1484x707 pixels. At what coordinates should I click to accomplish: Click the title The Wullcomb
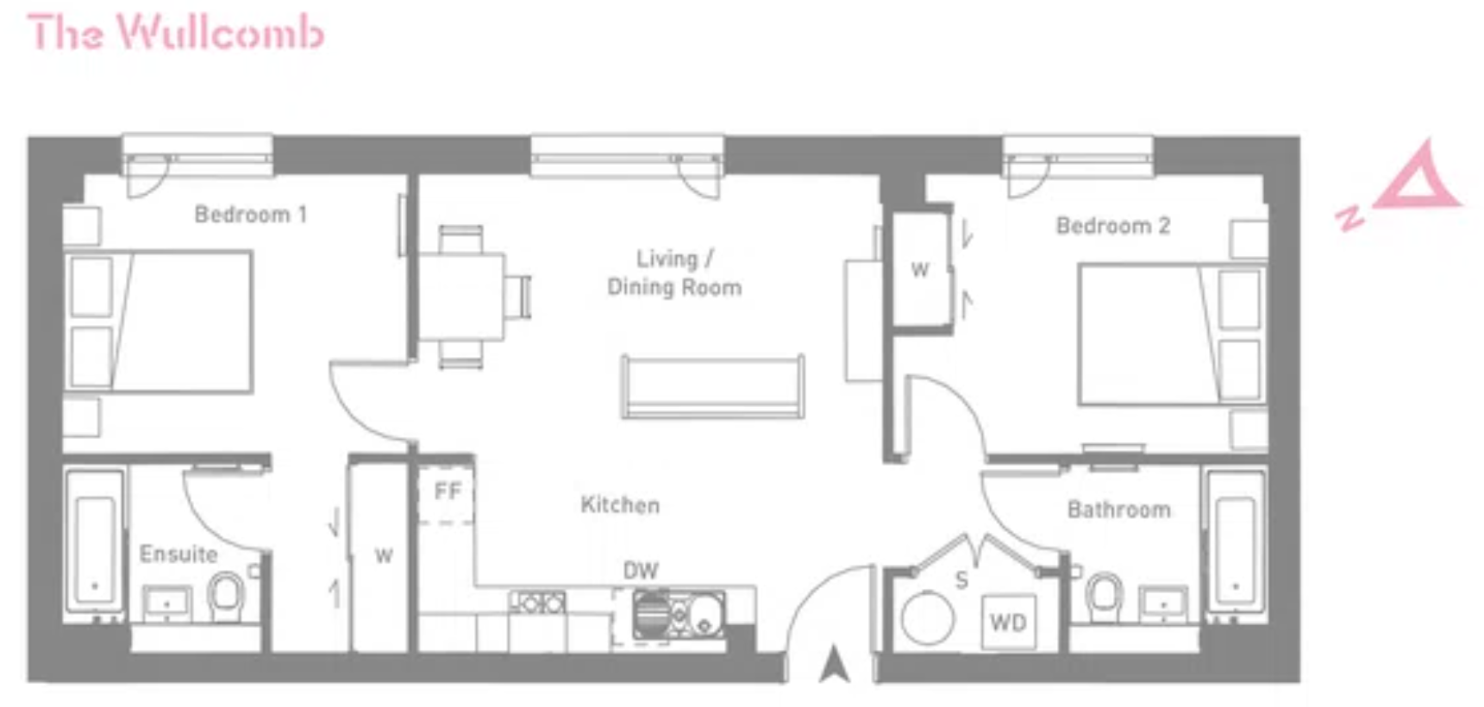[176, 33]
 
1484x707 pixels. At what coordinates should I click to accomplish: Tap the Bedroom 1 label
[250, 214]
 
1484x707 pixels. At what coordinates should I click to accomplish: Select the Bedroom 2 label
[1112, 226]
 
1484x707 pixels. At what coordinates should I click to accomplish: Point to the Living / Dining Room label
[674, 272]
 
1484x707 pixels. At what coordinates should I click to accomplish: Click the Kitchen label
[620, 504]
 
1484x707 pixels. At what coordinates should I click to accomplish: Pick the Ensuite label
[178, 554]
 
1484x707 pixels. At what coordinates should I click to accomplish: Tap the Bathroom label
[1119, 510]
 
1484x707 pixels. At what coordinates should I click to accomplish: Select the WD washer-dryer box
[1009, 622]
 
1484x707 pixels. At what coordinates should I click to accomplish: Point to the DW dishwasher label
[641, 570]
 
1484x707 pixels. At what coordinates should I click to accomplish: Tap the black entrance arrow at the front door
[834, 664]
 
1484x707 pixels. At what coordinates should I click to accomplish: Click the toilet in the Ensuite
[227, 595]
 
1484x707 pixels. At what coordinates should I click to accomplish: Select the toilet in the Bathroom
[1105, 597]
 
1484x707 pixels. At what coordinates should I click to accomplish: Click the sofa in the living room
[712, 386]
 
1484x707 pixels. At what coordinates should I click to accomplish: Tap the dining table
[460, 297]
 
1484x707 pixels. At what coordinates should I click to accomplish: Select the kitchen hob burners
[538, 603]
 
